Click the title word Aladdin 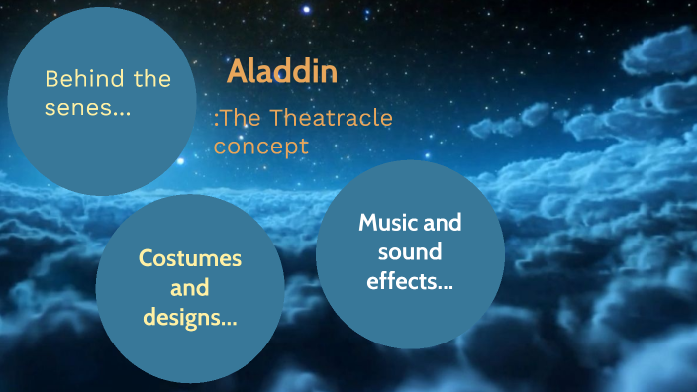coord(282,71)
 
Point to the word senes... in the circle coord(87,107)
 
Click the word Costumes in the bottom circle coord(189,259)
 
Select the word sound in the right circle coord(410,251)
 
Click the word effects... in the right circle coord(410,281)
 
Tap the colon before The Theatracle coord(216,121)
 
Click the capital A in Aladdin coord(236,71)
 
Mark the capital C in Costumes coord(145,259)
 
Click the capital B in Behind coord(52,79)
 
